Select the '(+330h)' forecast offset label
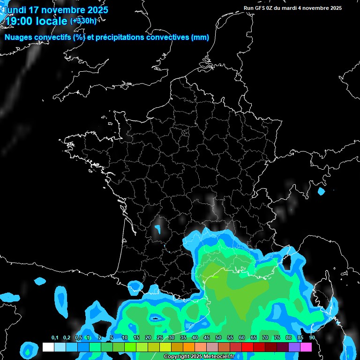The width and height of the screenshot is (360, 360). tap(83, 21)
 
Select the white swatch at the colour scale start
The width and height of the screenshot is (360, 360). tap(48, 347)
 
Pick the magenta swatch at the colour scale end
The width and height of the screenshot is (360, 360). tap(306, 347)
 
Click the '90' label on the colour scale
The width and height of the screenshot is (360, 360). tap(312, 338)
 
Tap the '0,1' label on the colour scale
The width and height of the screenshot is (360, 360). tap(55, 338)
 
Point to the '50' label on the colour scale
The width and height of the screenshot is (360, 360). tap(218, 338)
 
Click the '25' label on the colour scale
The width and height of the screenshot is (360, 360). tap(160, 338)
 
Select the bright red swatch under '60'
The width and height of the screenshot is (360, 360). tap(247, 347)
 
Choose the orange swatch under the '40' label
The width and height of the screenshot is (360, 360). tap(188, 347)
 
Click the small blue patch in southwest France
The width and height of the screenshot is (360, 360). tap(158, 229)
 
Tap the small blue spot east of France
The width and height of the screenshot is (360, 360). tap(321, 191)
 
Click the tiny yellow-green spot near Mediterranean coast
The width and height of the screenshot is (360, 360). tap(215, 277)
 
